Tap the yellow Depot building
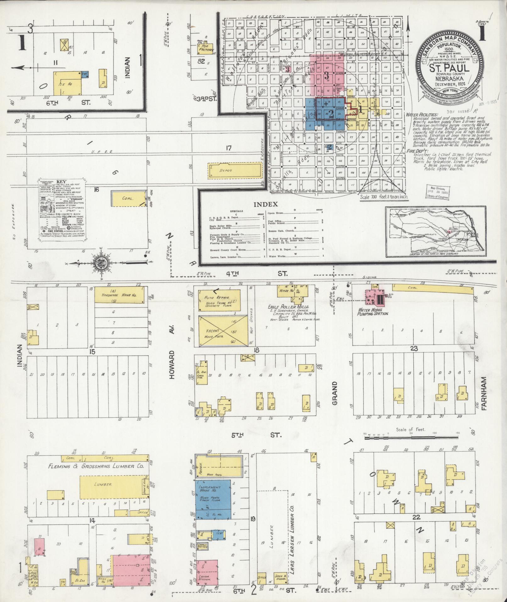click(x=235, y=171)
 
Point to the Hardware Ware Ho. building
click(x=120, y=295)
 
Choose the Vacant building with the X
click(x=223, y=330)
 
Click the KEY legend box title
click(x=61, y=182)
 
